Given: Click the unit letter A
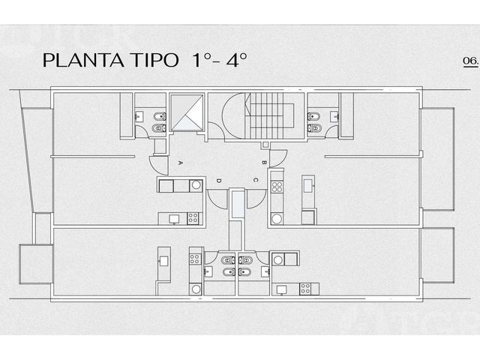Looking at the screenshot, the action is pyautogui.click(x=180, y=163).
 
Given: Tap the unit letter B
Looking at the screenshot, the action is pyautogui.click(x=263, y=163).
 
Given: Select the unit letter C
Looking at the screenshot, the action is pyautogui.click(x=256, y=180).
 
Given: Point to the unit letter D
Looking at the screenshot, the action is pyautogui.click(x=218, y=181).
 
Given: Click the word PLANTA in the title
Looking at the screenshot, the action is pyautogui.click(x=83, y=60).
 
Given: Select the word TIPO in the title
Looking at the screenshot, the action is pyautogui.click(x=155, y=60).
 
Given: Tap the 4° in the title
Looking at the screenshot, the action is pyautogui.click(x=236, y=60).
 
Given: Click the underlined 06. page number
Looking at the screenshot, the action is pyautogui.click(x=471, y=61).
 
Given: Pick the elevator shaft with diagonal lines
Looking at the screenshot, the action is pyautogui.click(x=187, y=112).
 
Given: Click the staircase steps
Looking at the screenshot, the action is pyautogui.click(x=266, y=115).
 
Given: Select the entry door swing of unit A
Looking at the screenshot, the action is pyautogui.click(x=158, y=165).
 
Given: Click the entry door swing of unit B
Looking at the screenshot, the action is pyautogui.click(x=278, y=158).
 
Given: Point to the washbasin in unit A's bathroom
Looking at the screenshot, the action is pyautogui.click(x=139, y=117).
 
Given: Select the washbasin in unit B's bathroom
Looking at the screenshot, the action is pyautogui.click(x=334, y=117).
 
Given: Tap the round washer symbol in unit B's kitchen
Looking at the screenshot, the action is pyautogui.click(x=277, y=218).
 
